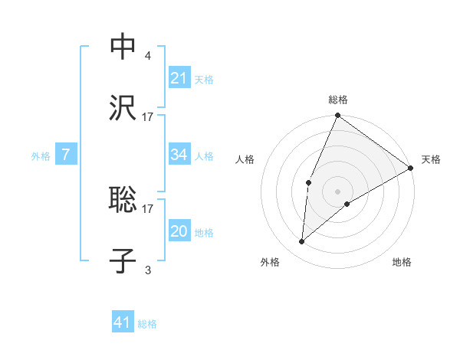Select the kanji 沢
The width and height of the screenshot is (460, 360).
tap(123, 108)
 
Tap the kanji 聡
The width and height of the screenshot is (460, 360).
tap(123, 200)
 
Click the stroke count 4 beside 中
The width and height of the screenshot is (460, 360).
tap(147, 55)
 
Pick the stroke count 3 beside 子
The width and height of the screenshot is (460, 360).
tap(147, 269)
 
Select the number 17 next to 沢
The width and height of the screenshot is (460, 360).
tap(148, 116)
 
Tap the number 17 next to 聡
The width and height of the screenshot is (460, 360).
tap(148, 208)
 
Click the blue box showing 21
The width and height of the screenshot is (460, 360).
tap(179, 78)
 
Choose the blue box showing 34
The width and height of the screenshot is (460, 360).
tap(179, 155)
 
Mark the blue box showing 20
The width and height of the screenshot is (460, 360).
tap(179, 231)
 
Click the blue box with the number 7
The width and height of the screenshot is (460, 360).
tap(67, 155)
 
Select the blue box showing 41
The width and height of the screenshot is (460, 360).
tap(123, 322)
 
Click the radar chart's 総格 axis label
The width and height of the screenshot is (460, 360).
tap(338, 100)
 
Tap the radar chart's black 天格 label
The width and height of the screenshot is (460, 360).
tap(431, 159)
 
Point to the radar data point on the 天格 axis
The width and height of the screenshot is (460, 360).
tap(411, 168)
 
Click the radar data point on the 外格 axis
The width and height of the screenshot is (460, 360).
tap(302, 242)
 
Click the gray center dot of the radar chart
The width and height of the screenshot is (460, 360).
tap(338, 191)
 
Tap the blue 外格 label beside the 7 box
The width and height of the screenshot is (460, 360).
tap(41, 155)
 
